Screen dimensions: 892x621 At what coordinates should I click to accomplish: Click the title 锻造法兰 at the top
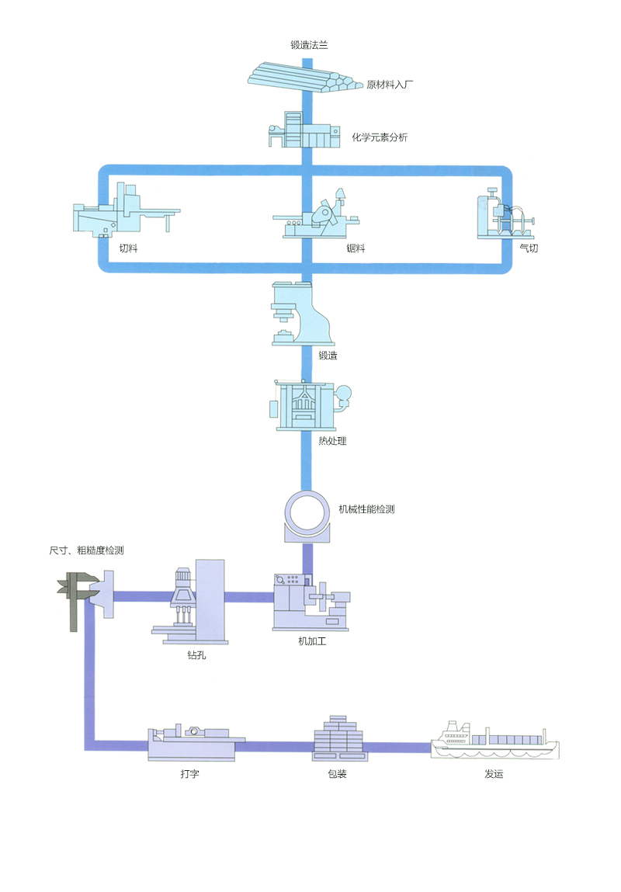coord(309,45)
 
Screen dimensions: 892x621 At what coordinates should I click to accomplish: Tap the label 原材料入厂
coord(390,84)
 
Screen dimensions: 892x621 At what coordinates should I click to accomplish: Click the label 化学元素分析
coord(380,137)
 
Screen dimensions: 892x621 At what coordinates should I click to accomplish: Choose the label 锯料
coord(356,248)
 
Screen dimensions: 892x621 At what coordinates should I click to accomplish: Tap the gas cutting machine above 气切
coord(504,215)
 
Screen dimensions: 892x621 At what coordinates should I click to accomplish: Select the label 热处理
coord(332,441)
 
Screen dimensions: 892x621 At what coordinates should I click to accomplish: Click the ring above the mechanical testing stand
coord(308,510)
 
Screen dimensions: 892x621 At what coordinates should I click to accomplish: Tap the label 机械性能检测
coord(366,510)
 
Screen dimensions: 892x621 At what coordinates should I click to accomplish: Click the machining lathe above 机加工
coord(311,602)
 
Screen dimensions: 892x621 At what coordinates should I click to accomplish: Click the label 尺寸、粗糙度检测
coord(86,550)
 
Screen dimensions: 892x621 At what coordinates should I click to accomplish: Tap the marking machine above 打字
coord(191,742)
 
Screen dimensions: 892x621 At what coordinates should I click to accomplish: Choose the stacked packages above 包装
coord(338,737)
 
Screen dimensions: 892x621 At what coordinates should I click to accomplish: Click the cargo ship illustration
coord(494,741)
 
